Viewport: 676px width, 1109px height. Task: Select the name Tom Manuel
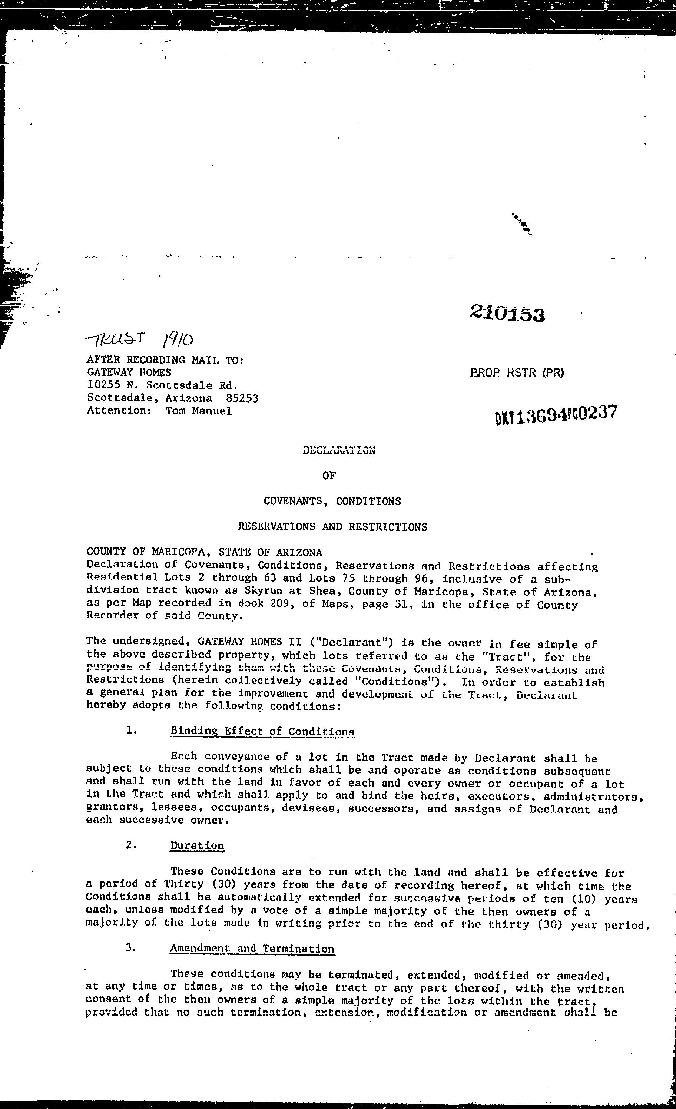(x=199, y=411)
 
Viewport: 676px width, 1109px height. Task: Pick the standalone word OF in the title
(x=329, y=476)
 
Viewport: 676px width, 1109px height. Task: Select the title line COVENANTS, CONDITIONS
(x=332, y=501)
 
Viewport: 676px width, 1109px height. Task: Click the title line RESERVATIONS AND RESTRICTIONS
(x=332, y=527)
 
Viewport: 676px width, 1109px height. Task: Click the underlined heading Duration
(x=197, y=846)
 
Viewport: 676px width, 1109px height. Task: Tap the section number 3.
(x=131, y=948)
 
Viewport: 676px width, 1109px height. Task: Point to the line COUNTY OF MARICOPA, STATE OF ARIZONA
(x=204, y=552)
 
